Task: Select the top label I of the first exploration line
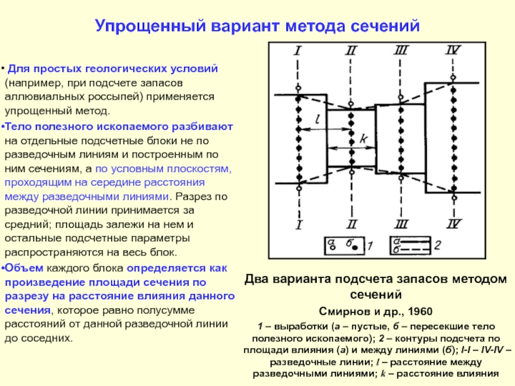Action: click(x=297, y=50)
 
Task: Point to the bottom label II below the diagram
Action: click(x=351, y=225)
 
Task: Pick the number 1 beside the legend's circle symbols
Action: click(x=369, y=245)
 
